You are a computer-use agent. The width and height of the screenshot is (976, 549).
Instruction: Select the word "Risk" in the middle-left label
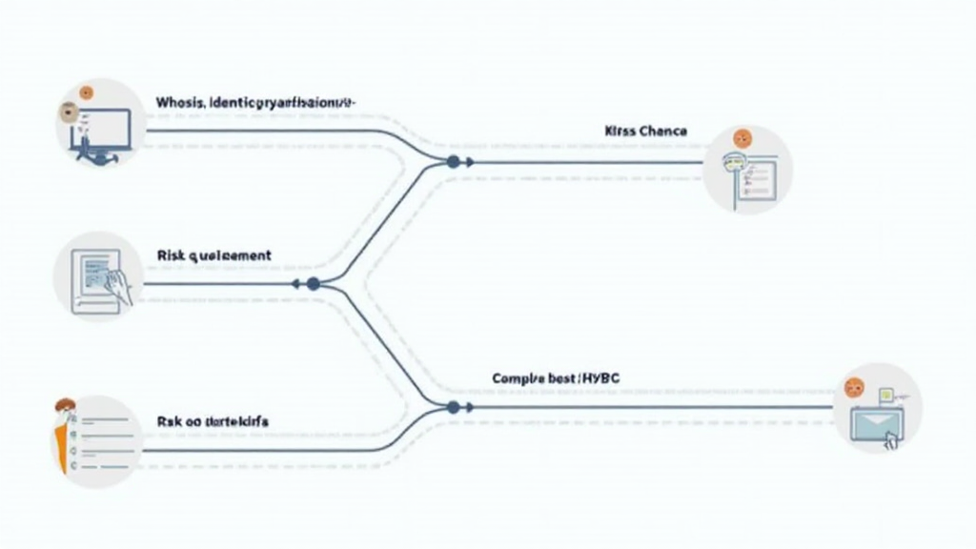click(168, 255)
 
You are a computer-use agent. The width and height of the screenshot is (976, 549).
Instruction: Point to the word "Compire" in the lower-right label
click(518, 378)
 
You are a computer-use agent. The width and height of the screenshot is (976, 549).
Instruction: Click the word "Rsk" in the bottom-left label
click(167, 419)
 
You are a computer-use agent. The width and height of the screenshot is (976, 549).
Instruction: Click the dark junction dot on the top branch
click(453, 161)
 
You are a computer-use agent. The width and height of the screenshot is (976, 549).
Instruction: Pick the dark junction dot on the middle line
click(313, 283)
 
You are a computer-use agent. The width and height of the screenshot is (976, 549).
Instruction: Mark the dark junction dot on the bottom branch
click(453, 407)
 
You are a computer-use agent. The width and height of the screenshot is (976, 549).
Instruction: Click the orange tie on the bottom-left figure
click(63, 448)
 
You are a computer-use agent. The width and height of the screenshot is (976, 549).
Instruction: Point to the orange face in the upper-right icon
click(742, 139)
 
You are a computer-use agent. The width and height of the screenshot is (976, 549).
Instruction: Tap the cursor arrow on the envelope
click(892, 439)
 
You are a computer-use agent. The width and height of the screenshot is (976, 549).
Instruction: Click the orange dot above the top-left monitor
click(87, 93)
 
